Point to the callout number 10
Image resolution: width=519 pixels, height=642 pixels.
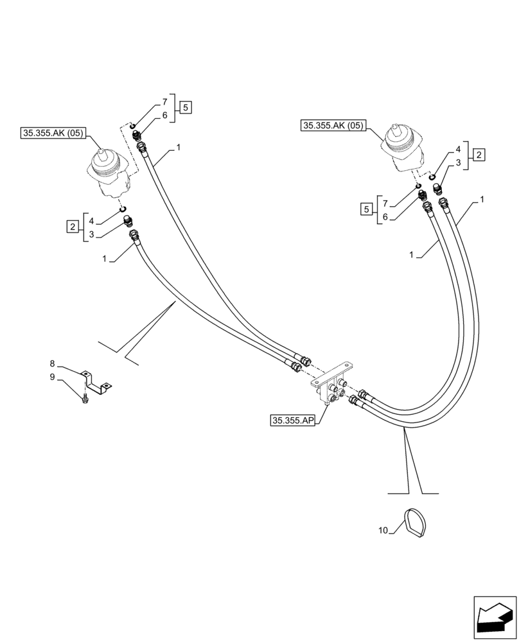pyautogui.click(x=383, y=530)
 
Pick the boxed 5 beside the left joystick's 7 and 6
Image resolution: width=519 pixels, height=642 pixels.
pyautogui.click(x=185, y=108)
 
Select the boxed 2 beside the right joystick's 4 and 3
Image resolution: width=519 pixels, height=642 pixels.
pyautogui.click(x=479, y=154)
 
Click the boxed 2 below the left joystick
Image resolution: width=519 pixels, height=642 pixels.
pyautogui.click(x=73, y=226)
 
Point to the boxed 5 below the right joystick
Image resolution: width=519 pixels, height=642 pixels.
pyautogui.click(x=365, y=208)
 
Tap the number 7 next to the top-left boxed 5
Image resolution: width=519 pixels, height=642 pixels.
pyautogui.click(x=164, y=102)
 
